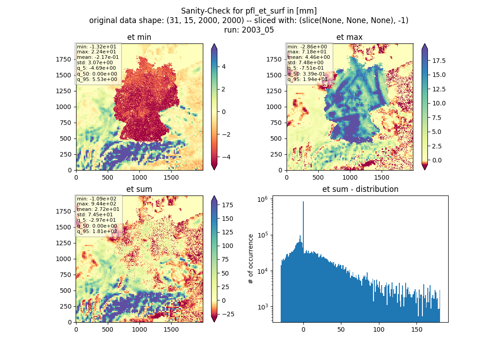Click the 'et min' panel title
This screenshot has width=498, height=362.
coord(139,37)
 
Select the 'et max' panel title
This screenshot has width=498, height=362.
coord(350,37)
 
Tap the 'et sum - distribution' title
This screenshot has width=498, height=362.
coord(360,189)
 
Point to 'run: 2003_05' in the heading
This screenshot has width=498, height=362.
coord(249,30)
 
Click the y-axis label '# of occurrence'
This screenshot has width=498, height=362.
coord(251,259)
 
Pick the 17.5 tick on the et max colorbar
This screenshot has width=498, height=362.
coord(439,61)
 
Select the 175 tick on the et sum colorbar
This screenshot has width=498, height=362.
coord(227,205)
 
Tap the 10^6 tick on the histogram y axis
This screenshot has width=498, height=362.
coord(262,200)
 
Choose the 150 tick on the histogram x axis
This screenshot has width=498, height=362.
coord(417,329)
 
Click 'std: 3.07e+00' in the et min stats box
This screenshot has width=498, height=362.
coord(95,62)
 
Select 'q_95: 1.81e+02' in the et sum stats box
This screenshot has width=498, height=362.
coord(97,231)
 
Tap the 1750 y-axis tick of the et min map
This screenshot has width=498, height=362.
coord(64,59)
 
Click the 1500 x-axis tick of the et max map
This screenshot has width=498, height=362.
coord(382,177)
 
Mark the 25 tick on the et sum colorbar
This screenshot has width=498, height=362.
coord(225,287)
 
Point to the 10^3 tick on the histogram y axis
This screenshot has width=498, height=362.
coord(262,307)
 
